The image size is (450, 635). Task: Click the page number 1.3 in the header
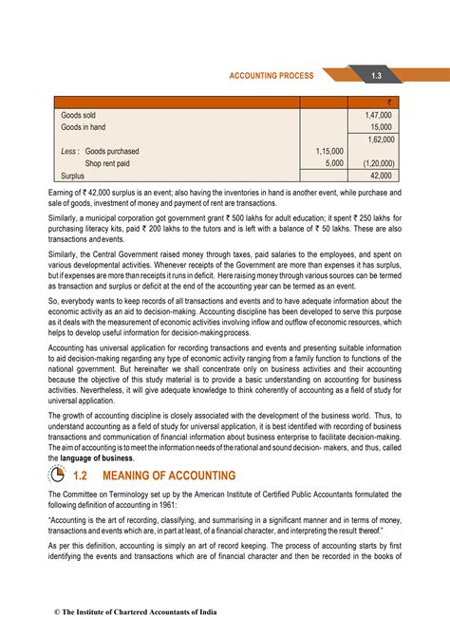coord(376,75)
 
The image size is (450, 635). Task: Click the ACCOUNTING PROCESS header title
coord(270,75)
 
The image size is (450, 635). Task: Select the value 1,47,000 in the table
coord(378,114)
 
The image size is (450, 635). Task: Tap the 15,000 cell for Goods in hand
coord(381,126)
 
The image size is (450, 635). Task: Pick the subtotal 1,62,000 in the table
coord(378,139)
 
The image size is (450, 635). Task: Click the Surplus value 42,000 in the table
coord(381,176)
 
